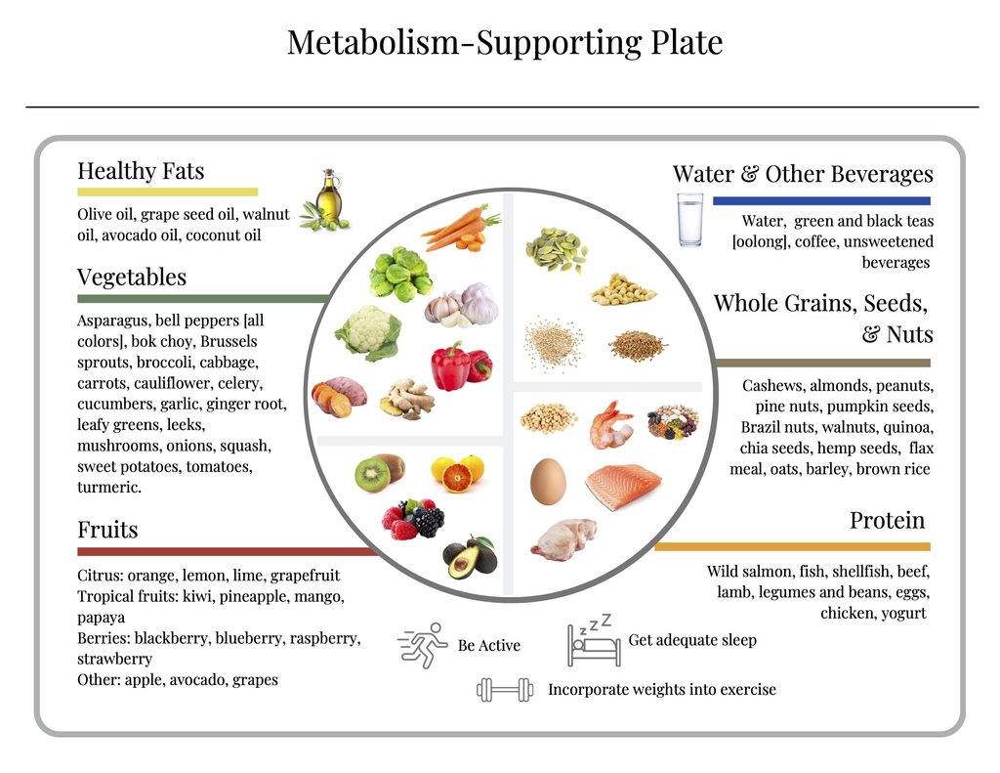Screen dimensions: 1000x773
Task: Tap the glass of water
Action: click(x=690, y=220)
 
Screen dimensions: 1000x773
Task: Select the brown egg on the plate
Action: click(x=548, y=481)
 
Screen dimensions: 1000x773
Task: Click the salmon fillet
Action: click(x=622, y=486)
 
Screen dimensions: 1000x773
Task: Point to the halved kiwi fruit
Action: click(x=380, y=473)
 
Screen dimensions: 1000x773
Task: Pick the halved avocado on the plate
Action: click(x=470, y=557)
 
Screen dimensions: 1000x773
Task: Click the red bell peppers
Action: click(x=461, y=366)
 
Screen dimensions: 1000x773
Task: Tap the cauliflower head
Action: click(x=368, y=332)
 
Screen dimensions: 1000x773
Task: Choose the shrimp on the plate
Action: click(x=611, y=424)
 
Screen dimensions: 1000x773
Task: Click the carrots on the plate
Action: click(x=462, y=228)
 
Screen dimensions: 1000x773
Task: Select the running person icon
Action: click(x=423, y=645)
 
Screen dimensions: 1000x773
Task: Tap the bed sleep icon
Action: click(x=593, y=640)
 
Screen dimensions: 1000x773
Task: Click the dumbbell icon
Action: click(x=505, y=690)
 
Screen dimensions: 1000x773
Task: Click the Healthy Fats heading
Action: click(x=141, y=171)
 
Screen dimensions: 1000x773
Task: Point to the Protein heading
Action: click(x=887, y=520)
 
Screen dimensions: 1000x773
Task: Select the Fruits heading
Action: click(x=107, y=530)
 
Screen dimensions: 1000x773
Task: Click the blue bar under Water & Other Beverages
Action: click(x=821, y=201)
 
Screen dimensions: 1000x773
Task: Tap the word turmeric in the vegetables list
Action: click(x=109, y=487)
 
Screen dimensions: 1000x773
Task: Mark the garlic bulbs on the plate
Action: click(x=462, y=305)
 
